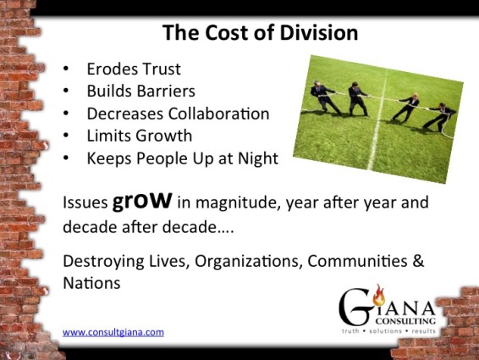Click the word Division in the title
pos(318,32)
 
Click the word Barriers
pos(166,91)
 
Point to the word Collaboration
pos(218,114)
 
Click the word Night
pos(258,158)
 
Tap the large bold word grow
pos(142,201)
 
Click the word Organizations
pos(248,262)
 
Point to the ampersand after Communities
pos(418,261)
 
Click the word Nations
pos(91,283)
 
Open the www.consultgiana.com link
pos(113,332)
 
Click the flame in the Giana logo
pos(379,295)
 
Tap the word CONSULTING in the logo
pos(405,321)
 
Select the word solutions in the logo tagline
pos(386,331)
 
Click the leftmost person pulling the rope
pos(324,97)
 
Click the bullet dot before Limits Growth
pos(66,136)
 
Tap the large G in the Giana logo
pos(355,307)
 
